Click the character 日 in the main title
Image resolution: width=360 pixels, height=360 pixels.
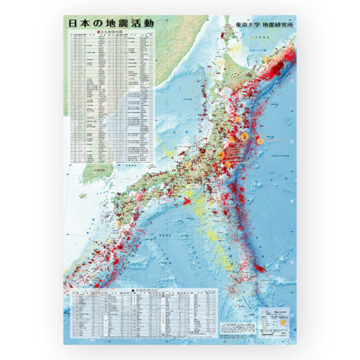[x=72, y=23]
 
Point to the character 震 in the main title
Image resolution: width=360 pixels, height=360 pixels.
[x=127, y=23]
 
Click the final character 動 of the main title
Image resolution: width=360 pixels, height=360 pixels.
[x=148, y=23]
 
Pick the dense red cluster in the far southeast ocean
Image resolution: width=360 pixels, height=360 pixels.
[x=259, y=269]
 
